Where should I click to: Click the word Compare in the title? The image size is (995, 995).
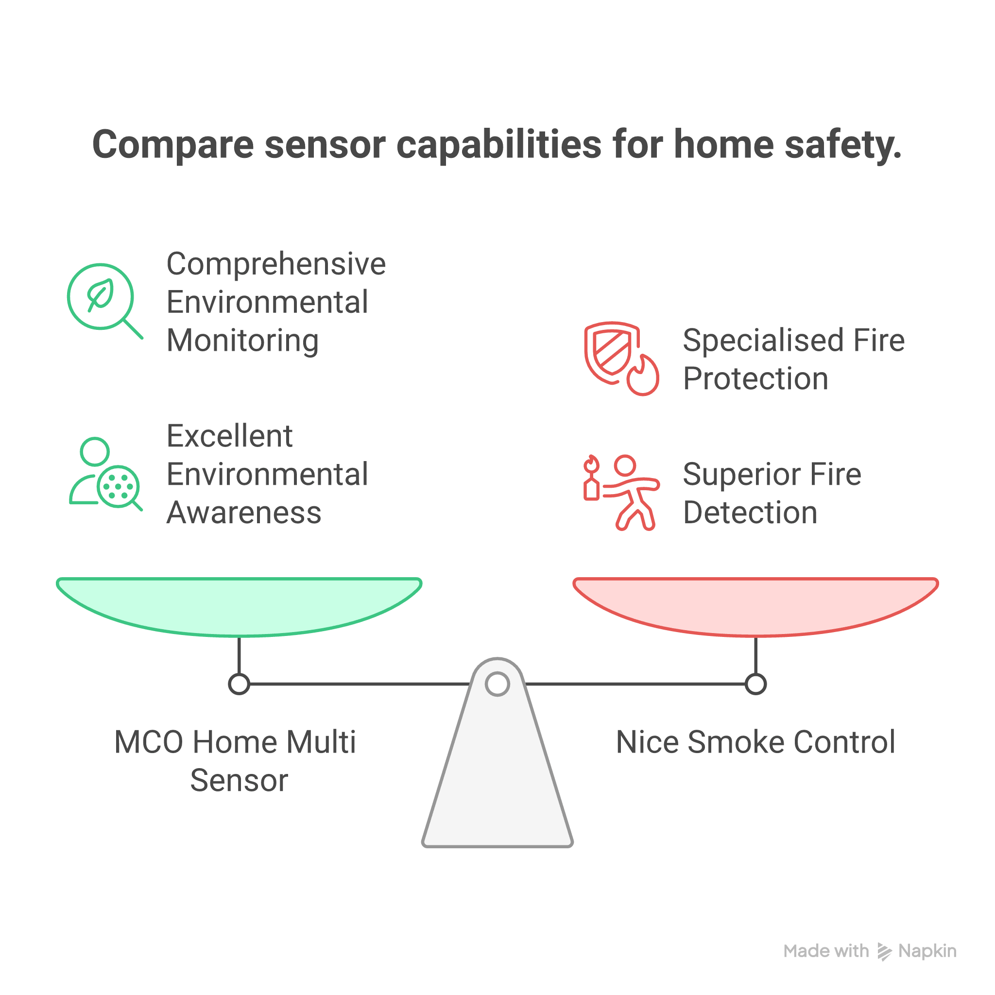[x=172, y=145]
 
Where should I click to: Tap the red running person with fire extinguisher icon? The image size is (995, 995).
[x=620, y=492]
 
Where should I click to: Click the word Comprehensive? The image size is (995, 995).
[x=275, y=264]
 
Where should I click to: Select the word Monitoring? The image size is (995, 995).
[x=242, y=341]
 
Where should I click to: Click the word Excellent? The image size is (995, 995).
[x=229, y=436]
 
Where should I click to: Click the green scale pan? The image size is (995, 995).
[x=239, y=605]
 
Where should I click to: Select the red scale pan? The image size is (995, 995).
[x=755, y=605]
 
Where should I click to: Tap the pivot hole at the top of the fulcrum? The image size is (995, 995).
[x=497, y=684]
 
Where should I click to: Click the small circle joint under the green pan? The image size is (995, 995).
[x=239, y=684]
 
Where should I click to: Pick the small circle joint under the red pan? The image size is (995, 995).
[x=755, y=684]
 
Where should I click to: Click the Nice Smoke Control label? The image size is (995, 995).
[x=755, y=742]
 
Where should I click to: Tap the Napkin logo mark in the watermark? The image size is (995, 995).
[x=884, y=952]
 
